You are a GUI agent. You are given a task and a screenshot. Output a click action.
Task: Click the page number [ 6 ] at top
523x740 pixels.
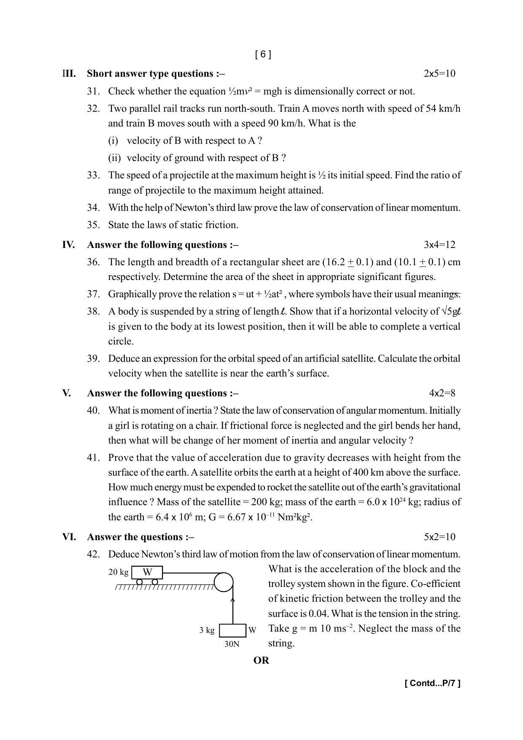[263, 54]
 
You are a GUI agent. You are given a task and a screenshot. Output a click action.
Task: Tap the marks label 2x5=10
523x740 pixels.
[439, 73]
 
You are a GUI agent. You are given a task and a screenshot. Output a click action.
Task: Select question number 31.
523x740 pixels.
[93, 91]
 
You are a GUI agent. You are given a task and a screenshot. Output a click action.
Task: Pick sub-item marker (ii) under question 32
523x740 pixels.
[114, 158]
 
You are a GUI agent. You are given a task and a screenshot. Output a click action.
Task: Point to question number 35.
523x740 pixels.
[93, 225]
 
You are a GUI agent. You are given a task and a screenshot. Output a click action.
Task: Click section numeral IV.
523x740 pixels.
[68, 245]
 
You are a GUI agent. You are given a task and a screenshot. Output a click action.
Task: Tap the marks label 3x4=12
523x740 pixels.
[439, 245]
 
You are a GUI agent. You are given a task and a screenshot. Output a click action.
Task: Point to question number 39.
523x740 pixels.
[93, 358]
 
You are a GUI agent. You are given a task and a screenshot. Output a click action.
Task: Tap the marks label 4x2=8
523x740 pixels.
[442, 393]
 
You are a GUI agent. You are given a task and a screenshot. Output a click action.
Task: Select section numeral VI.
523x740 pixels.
[69, 537]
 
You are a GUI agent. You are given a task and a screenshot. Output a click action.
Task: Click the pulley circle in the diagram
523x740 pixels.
[223, 582]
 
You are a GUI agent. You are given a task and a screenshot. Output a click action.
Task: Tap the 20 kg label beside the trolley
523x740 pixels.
[118, 572]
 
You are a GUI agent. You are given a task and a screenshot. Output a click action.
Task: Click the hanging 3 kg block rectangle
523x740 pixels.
[232, 630]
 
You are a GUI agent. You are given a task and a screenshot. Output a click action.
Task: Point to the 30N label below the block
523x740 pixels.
[232, 644]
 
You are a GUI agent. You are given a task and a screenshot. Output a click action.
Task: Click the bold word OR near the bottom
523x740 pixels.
[261, 660]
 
